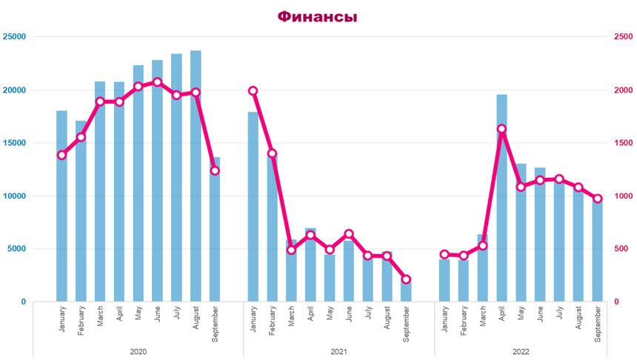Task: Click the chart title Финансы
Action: (317, 16)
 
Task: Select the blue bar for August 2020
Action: (196, 178)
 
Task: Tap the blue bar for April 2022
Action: (501, 200)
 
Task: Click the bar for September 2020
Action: (215, 230)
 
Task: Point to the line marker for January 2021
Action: (253, 90)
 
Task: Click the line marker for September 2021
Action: (406, 279)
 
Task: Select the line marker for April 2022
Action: (501, 129)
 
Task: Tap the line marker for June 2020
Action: (157, 81)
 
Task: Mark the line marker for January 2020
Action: (61, 155)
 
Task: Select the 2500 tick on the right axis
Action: (623, 36)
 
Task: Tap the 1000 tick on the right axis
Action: (623, 196)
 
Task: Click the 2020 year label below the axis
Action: (138, 351)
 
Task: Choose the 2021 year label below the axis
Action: (338, 351)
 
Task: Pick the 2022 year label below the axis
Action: (521, 351)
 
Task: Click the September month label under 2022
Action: (598, 324)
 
